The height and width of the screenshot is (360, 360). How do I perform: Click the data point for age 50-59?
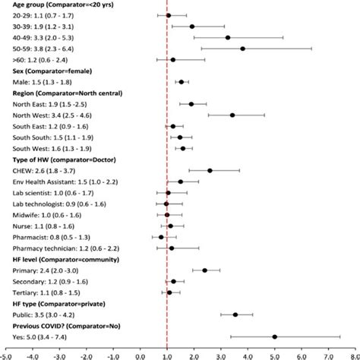coord(242,48)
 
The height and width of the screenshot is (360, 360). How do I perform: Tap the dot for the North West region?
coord(232,115)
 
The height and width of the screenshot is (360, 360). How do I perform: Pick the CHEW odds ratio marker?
coord(210,170)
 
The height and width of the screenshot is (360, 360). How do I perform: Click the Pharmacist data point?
coord(161,237)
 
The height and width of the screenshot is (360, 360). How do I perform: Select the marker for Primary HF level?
coord(204,270)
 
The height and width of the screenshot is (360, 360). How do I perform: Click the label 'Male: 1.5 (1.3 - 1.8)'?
coord(38,81)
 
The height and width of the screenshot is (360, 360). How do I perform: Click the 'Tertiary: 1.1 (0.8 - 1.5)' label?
coord(46,292)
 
